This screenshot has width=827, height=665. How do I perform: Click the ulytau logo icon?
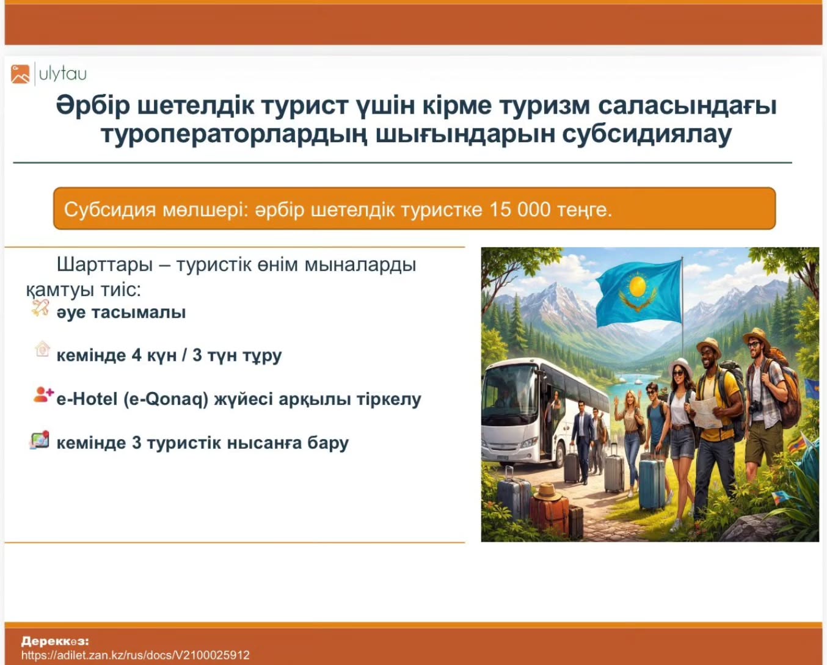[x=20, y=74]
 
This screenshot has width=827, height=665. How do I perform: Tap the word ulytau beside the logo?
[x=63, y=74]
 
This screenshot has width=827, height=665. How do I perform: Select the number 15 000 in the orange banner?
[x=520, y=209]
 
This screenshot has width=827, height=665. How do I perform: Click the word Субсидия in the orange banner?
[x=110, y=210]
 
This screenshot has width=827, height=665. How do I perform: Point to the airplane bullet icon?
[x=40, y=308]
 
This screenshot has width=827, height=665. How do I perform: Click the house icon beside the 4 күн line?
[x=42, y=349]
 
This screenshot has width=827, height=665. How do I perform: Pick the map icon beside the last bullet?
[x=39, y=440]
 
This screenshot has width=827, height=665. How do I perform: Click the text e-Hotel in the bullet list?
[x=87, y=399]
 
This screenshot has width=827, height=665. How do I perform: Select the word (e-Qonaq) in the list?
[x=166, y=400]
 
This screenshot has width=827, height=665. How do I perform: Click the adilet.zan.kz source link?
[x=135, y=655]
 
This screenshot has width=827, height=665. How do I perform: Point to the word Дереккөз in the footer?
[x=55, y=641]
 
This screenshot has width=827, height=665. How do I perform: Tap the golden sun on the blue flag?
[x=638, y=286]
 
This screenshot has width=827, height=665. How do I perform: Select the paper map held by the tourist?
[x=706, y=412]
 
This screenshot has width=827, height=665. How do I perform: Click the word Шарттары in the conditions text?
[x=104, y=265]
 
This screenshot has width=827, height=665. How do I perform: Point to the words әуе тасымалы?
[x=121, y=312]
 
